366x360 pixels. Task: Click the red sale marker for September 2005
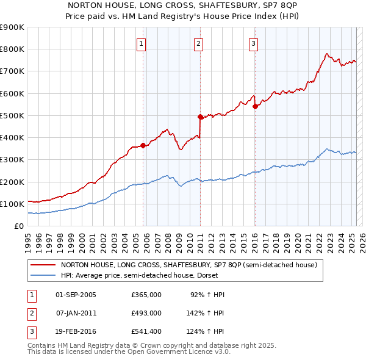click(143, 145)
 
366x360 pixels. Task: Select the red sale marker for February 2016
click(254, 106)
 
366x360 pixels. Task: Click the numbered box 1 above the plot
click(141, 43)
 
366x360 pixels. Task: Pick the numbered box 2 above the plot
click(199, 43)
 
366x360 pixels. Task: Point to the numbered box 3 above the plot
click(253, 43)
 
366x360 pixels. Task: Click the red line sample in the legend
click(43, 265)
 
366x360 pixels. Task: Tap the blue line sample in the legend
click(43, 275)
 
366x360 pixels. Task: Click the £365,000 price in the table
click(146, 295)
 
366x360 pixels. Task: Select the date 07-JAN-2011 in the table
click(76, 314)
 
